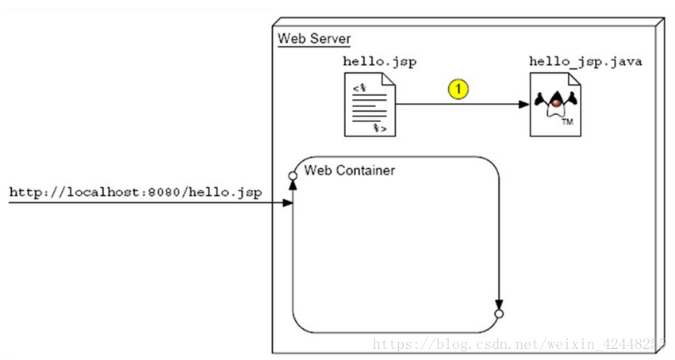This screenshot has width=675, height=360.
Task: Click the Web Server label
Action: pyautogui.click(x=314, y=39)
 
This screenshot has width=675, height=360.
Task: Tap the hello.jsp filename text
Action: pyautogui.click(x=379, y=61)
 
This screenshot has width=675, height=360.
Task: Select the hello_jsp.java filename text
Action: pyautogui.click(x=586, y=61)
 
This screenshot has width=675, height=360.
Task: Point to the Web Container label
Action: pyautogui.click(x=350, y=170)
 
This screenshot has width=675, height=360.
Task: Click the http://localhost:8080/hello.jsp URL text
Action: pyautogui.click(x=136, y=193)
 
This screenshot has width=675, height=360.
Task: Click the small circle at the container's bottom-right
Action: pyautogui.click(x=499, y=315)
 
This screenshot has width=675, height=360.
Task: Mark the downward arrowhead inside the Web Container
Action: pyautogui.click(x=499, y=304)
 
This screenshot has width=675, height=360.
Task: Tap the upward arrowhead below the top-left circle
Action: pyautogui.click(x=293, y=182)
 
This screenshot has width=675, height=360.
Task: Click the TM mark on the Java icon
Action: pyautogui.click(x=566, y=123)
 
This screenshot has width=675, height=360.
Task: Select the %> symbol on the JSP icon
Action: pyautogui.click(x=381, y=127)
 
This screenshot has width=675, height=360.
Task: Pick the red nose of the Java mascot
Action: pyautogui.click(x=557, y=102)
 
